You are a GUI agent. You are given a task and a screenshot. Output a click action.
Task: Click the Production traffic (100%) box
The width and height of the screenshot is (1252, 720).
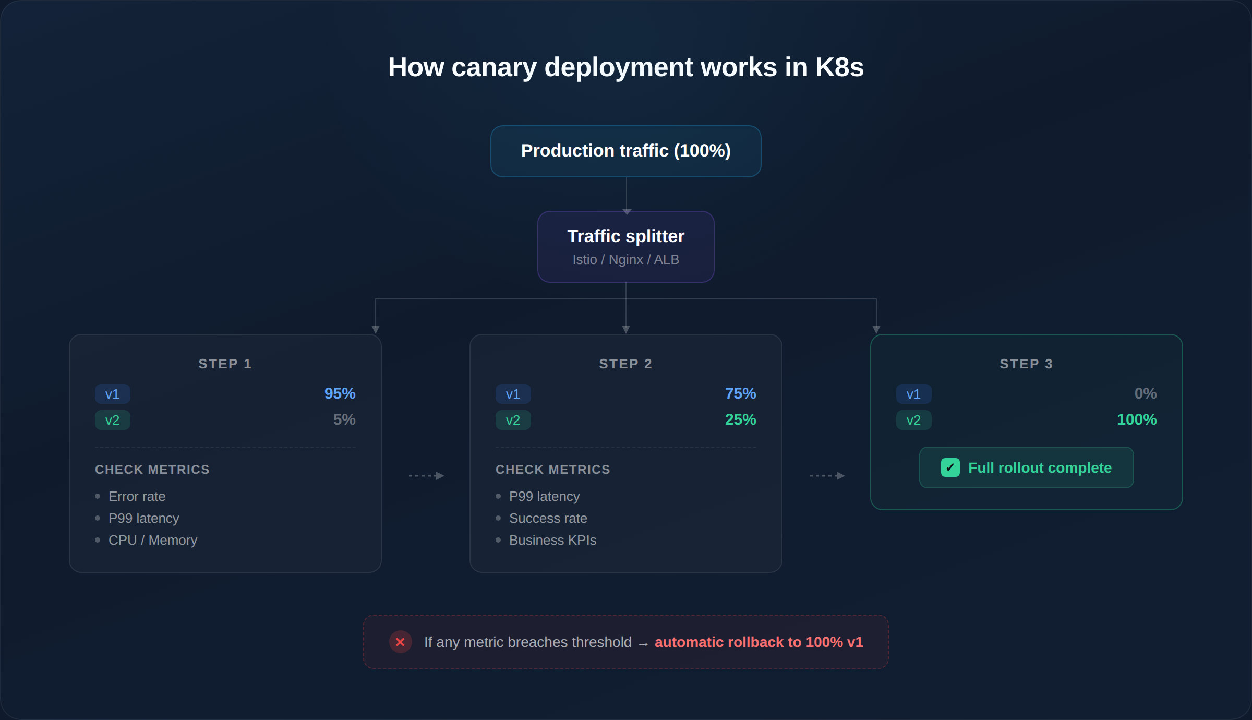coord(625,151)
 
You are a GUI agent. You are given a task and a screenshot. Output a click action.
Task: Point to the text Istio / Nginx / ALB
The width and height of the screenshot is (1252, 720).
coord(625,259)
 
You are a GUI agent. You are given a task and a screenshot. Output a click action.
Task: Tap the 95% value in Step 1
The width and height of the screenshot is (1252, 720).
coord(340,393)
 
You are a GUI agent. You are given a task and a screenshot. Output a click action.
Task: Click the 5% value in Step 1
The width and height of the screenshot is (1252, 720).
coord(344,419)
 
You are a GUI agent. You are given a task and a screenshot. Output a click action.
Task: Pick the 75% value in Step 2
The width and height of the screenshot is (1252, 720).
coord(740,393)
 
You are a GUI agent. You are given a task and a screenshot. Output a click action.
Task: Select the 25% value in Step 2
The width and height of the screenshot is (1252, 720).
coord(740,419)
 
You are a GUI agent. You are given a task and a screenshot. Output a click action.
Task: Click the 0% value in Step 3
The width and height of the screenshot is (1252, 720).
coord(1145,393)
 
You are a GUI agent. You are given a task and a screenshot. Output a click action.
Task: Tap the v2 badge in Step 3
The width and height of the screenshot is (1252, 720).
coord(913,420)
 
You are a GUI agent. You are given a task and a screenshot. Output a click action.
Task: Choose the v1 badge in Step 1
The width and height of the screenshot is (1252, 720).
coord(112,394)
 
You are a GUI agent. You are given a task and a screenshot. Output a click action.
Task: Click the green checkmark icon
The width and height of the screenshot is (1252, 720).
coord(950,467)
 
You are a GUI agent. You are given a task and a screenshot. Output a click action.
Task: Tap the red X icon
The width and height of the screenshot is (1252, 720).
coord(400,642)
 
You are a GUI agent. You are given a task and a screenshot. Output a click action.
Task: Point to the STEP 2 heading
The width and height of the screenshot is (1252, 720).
coord(625,364)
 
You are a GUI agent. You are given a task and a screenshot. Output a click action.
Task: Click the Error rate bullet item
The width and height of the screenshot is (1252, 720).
coord(137,496)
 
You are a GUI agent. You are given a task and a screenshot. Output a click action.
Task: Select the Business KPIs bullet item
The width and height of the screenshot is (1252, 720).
coord(552,540)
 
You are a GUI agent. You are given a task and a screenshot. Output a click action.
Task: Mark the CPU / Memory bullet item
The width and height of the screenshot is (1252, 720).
coord(152,540)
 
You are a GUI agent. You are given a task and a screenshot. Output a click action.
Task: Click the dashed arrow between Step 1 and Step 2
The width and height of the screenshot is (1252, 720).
coord(426,476)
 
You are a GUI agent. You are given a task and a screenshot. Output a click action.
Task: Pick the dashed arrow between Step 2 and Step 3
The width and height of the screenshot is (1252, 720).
coord(827,476)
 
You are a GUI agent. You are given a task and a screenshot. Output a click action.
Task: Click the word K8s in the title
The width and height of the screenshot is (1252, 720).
coord(839,67)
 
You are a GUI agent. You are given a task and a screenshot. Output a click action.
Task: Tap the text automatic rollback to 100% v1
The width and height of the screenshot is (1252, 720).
coord(759,642)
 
